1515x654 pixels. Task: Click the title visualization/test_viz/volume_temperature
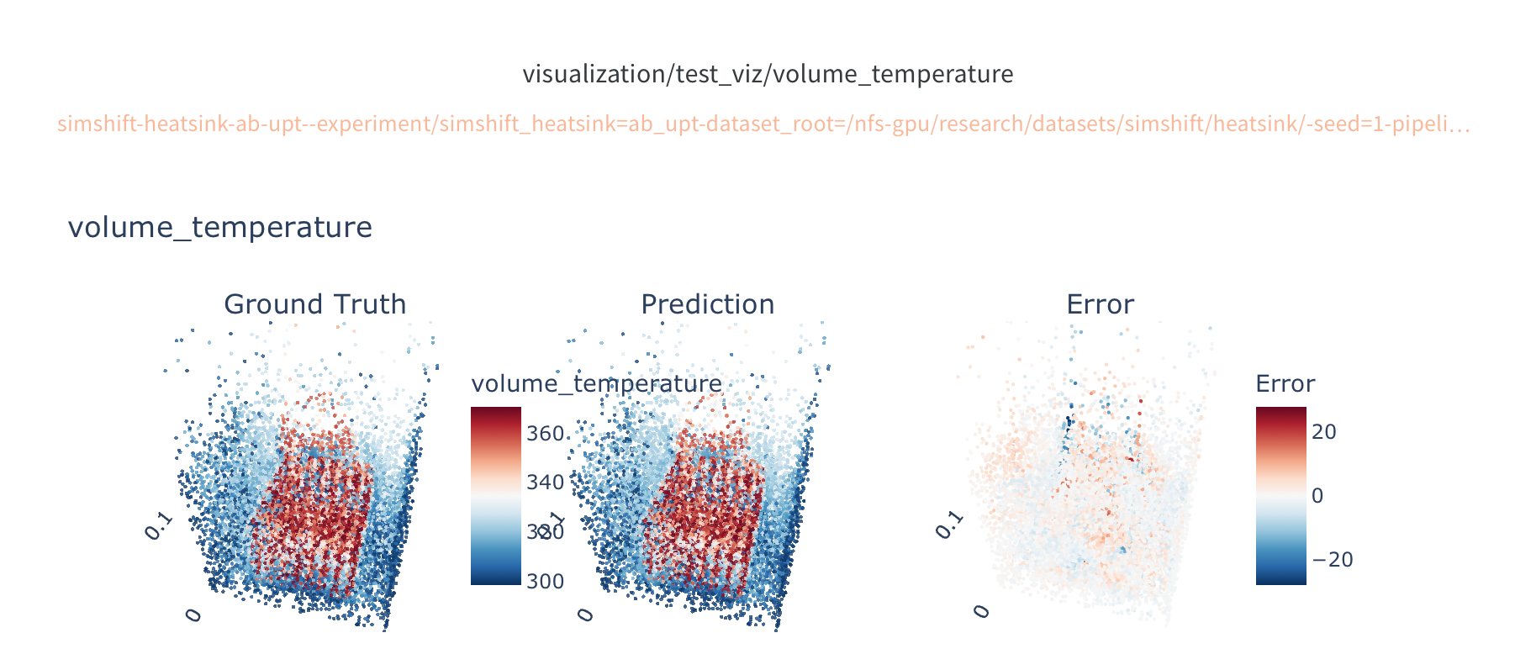(768, 74)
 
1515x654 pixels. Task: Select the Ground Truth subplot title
(314, 304)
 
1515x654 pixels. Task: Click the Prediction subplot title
(707, 304)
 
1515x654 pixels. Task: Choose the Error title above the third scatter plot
(1100, 304)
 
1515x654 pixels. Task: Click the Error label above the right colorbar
(1285, 384)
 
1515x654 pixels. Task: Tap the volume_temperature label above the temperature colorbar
(596, 384)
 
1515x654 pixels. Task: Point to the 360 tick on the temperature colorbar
(545, 434)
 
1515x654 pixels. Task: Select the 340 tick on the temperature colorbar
(545, 483)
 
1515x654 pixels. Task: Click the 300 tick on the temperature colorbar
(545, 581)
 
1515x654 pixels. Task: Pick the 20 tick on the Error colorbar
(1323, 432)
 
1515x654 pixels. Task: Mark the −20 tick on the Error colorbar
(1332, 560)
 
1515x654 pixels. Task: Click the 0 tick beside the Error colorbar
(1317, 496)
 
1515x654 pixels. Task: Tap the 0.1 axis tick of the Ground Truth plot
(158, 526)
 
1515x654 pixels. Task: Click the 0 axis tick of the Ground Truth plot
(194, 615)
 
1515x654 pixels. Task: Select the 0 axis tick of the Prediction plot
(587, 615)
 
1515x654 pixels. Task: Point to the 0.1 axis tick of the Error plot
(949, 525)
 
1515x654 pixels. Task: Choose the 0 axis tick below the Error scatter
(982, 611)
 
